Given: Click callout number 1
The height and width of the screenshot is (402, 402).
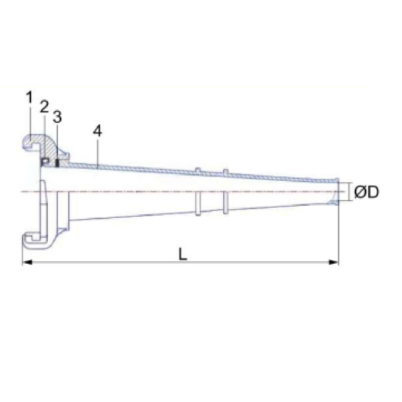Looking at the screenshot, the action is tap(29, 97).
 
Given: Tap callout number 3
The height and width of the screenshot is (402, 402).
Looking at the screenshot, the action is tap(57, 117).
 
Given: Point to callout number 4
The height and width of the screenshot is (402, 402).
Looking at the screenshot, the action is tap(97, 131).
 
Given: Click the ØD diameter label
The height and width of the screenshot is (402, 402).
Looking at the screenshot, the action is tap(366, 192).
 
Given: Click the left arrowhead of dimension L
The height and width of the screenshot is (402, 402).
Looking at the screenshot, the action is tap(27, 262).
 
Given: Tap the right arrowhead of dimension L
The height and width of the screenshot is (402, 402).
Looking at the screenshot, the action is tap(333, 262).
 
